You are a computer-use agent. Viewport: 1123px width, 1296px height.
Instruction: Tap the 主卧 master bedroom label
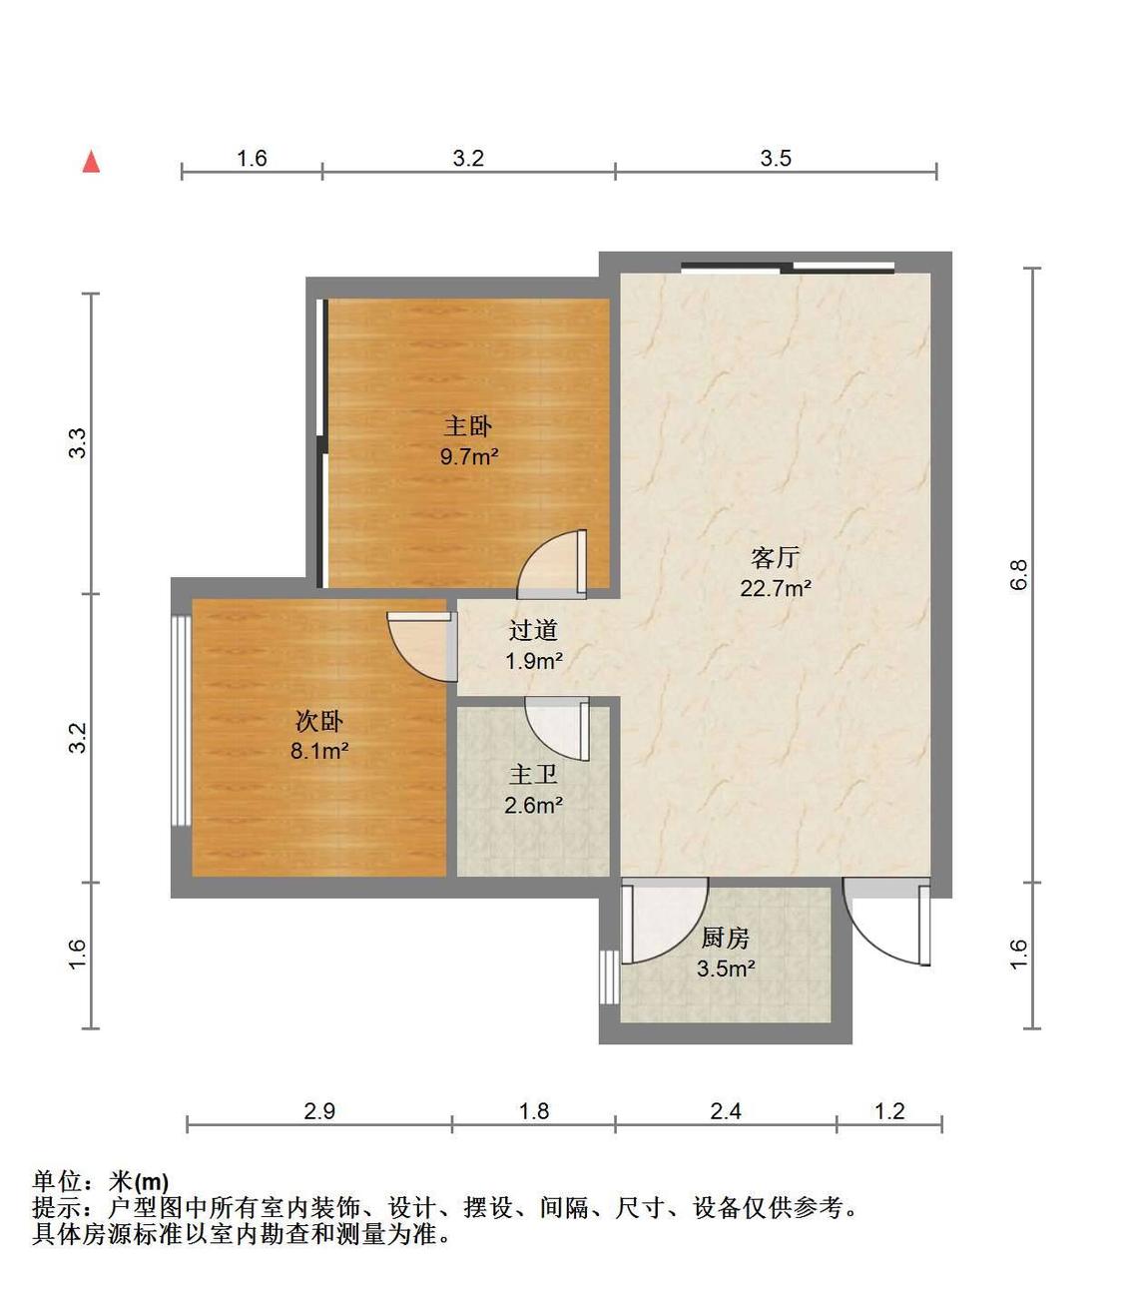coord(467,425)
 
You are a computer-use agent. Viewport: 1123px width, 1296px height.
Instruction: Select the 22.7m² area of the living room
coord(776,588)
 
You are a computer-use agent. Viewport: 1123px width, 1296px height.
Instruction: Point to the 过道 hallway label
coord(533,630)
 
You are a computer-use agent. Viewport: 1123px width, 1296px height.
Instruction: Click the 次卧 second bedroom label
coord(319,722)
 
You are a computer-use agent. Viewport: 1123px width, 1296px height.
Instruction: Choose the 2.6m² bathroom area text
coord(533,805)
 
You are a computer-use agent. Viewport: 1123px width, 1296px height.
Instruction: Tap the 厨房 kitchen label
coord(725,938)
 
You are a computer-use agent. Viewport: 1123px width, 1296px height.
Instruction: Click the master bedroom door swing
coord(551,564)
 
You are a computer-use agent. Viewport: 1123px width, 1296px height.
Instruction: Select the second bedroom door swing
coord(422,646)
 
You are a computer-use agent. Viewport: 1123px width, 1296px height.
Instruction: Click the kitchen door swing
coord(665,921)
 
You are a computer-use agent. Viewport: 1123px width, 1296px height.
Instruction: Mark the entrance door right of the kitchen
coord(886,922)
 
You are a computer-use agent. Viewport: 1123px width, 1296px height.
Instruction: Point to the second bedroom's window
coord(182,721)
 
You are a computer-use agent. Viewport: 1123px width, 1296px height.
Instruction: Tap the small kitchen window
coord(609,977)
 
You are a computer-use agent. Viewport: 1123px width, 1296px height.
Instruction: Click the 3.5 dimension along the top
coord(776,158)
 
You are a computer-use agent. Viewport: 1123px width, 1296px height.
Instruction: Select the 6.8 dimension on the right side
coord(1019,574)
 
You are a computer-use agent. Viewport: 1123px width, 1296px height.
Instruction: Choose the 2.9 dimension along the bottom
coord(319,1111)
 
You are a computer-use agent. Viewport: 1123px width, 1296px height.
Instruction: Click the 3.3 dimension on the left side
coord(77,443)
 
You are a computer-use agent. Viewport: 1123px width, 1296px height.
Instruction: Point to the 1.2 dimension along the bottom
coord(889,1111)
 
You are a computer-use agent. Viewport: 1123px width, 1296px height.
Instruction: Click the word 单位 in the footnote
coord(57,1182)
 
